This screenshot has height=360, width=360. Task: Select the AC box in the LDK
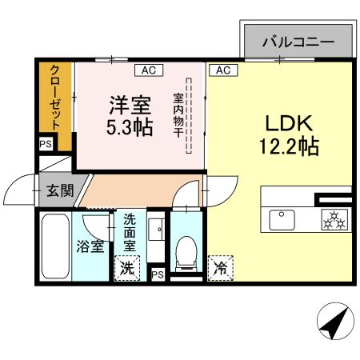click(x=222, y=70)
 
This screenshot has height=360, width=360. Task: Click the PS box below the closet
click(x=45, y=145)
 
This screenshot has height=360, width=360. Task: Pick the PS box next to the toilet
click(x=158, y=274)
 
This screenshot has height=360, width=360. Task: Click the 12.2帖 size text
click(x=289, y=147)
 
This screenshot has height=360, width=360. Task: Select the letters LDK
click(x=288, y=124)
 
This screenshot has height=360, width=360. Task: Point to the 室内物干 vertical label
click(x=178, y=116)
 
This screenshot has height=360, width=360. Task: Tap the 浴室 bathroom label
click(x=90, y=246)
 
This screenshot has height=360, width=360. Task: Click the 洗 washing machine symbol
click(x=126, y=268)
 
